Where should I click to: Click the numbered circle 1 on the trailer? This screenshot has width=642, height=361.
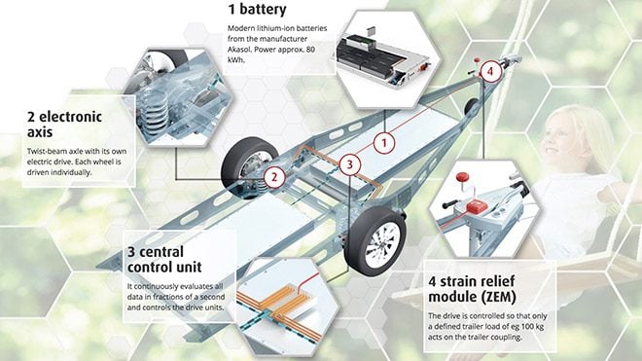(384, 143)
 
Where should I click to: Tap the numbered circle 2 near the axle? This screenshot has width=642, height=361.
(274, 177)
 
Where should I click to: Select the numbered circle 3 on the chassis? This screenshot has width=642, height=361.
(349, 164)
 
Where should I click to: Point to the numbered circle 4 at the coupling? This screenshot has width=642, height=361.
(490, 72)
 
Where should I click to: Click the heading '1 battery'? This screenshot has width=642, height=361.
(257, 10)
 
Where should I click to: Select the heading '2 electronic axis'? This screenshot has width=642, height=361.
(64, 125)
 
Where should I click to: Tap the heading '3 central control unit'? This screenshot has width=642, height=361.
(164, 259)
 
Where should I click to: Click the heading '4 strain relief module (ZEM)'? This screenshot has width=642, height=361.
(472, 289)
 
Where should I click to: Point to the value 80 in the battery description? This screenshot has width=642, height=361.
(310, 50)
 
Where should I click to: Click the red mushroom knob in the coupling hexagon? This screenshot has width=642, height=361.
(462, 177)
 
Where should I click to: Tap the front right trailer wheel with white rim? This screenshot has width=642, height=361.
(375, 241)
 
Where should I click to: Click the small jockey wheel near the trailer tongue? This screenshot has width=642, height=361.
(471, 107)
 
